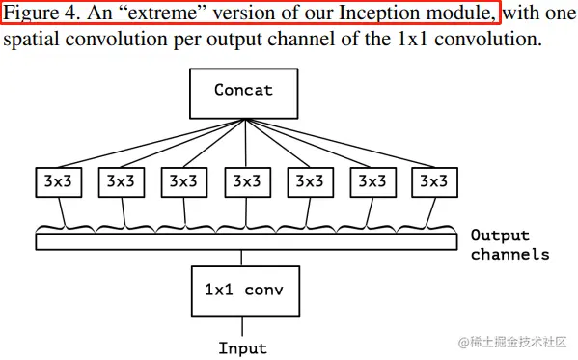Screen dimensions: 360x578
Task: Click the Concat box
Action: click(244, 92)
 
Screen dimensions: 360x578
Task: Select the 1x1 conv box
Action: click(244, 289)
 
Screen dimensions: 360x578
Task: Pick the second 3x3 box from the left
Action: click(121, 180)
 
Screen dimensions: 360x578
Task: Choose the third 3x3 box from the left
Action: click(183, 180)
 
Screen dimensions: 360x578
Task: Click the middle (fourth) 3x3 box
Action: click(245, 180)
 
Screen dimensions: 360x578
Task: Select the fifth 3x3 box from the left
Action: click(309, 180)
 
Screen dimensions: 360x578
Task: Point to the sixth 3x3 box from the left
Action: click(372, 180)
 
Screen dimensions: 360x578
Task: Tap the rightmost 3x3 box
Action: click(433, 180)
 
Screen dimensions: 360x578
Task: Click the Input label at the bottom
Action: click(243, 347)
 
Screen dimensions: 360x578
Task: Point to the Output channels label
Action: click(509, 245)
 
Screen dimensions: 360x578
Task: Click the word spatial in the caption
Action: click(33, 41)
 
